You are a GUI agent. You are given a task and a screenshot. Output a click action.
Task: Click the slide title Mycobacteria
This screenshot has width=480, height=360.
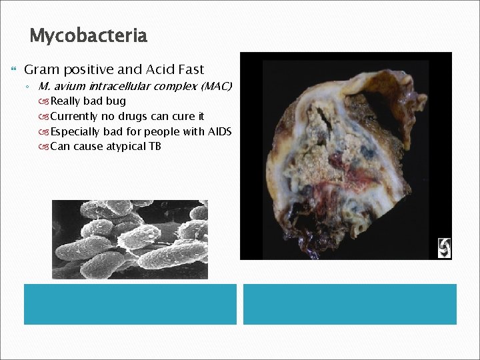point(88,35)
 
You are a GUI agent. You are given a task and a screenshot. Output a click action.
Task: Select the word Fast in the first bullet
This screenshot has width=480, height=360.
point(189,69)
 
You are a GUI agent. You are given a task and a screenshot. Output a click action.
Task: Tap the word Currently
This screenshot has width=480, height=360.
point(74,117)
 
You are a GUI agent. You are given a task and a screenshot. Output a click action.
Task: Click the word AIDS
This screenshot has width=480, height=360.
point(219,131)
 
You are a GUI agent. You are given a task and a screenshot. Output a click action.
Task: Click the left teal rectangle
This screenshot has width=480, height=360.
point(130,304)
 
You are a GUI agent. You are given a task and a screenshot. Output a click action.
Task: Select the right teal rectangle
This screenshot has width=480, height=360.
point(349,304)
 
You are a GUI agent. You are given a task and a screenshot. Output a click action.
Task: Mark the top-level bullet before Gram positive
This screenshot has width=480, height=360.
point(14,69)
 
